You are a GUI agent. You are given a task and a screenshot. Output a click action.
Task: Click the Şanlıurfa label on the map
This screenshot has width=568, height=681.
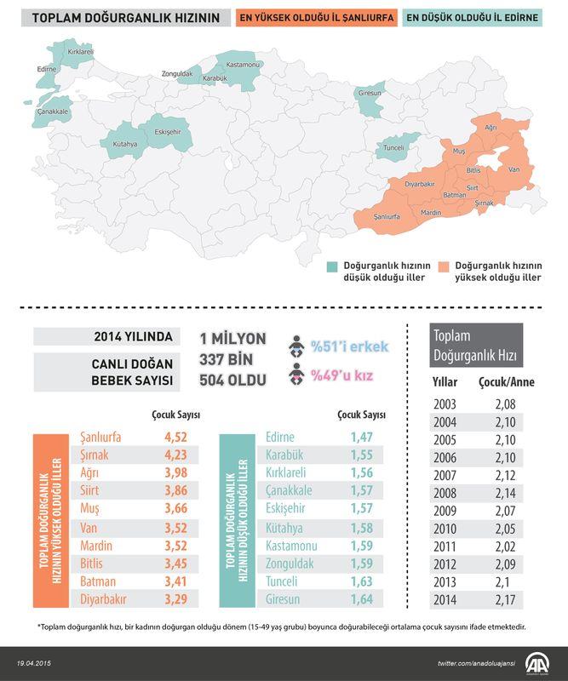[x=387, y=217]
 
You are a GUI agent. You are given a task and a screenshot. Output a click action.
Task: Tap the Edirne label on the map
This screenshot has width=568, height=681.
[x=47, y=67]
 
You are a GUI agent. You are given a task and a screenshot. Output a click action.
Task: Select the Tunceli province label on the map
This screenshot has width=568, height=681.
[x=394, y=147]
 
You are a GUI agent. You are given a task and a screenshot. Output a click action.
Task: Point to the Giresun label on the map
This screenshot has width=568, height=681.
[x=370, y=92]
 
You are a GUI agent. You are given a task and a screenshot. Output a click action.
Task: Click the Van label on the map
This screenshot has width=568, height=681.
[x=513, y=169]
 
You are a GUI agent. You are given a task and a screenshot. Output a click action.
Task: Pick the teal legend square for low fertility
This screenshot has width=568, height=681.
[x=332, y=266]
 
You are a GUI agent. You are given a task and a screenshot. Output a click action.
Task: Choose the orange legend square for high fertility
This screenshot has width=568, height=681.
[x=445, y=266]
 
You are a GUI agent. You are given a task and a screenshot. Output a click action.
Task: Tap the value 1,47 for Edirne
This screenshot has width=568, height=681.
[x=361, y=437]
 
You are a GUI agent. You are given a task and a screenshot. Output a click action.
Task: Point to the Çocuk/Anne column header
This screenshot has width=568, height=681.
[x=507, y=382]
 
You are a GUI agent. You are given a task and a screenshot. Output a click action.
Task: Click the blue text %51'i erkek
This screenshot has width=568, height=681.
[x=349, y=346]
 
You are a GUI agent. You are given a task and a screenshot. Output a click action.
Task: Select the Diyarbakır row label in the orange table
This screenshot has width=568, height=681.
[x=103, y=598]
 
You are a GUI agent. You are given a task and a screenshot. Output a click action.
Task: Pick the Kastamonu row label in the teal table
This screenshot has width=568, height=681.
[x=295, y=545]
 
